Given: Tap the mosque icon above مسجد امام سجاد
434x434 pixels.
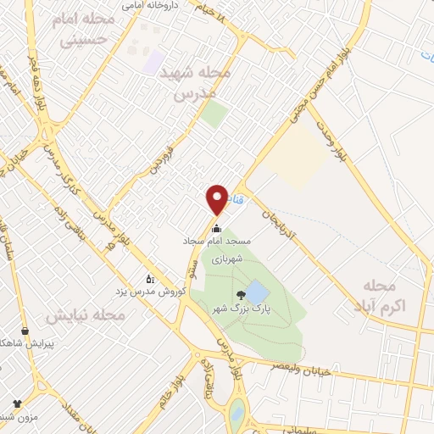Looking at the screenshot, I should tap(216, 228).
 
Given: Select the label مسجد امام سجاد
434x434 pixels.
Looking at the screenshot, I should tap(215, 242).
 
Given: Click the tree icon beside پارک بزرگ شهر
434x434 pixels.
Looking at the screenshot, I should tap(242, 295).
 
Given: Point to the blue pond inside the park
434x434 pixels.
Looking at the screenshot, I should tap(256, 292).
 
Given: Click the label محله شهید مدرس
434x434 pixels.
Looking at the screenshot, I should tap(201, 84).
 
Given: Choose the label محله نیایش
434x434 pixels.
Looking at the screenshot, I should tap(85, 316).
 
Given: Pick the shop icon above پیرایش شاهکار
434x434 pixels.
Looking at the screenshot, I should tap(25, 331).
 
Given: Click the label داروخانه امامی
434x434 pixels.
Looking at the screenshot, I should tap(167, 5).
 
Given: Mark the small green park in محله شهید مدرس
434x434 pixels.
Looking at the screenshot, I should tap(214, 114).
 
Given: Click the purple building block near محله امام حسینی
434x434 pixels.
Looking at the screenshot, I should tap(153, 60).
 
